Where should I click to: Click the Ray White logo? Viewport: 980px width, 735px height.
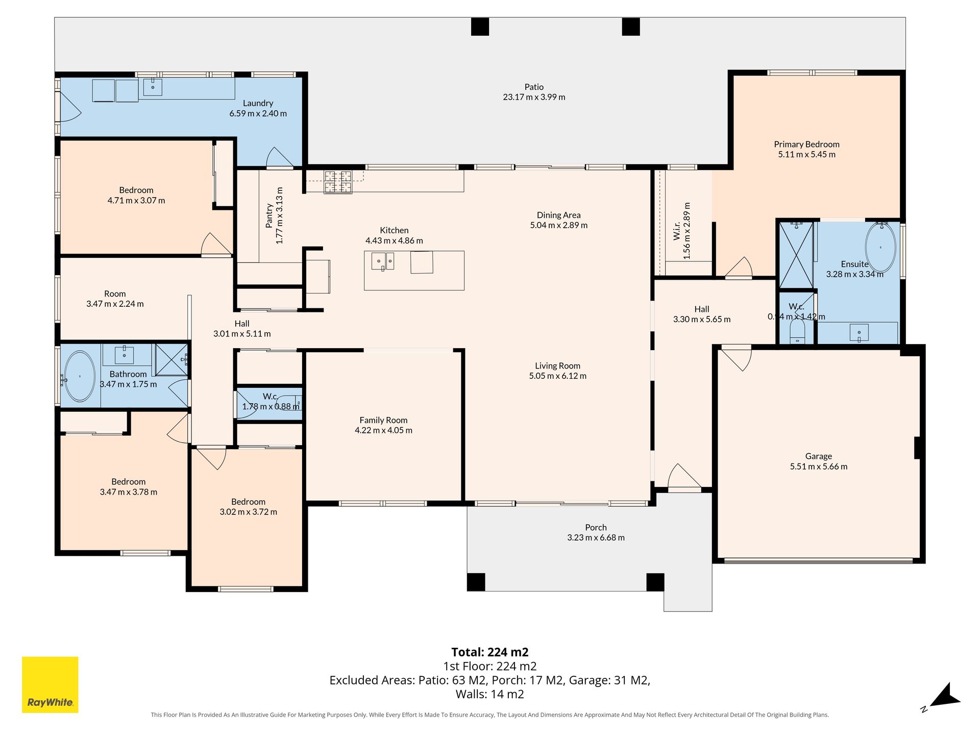pyautogui.click(x=50, y=684)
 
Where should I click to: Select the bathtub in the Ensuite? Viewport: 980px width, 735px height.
pyautogui.click(x=880, y=248)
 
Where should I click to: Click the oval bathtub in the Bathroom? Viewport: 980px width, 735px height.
pyautogui.click(x=80, y=376)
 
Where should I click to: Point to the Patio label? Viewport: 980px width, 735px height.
pyautogui.click(x=534, y=87)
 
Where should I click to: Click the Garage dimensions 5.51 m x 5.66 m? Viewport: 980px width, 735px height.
pyautogui.click(x=819, y=467)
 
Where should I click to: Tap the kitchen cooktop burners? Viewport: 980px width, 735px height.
pyautogui.click(x=338, y=182)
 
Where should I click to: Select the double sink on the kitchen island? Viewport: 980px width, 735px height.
pyautogui.click(x=382, y=261)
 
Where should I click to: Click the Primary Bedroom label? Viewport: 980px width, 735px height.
pyautogui.click(x=806, y=144)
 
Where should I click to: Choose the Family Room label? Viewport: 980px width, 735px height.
pyautogui.click(x=383, y=420)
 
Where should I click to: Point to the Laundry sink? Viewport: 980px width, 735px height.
pyautogui.click(x=153, y=87)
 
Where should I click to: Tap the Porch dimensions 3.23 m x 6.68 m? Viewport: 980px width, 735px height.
pyautogui.click(x=596, y=537)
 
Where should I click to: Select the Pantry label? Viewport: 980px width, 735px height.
pyautogui.click(x=269, y=215)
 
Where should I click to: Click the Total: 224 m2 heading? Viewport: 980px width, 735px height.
pyautogui.click(x=490, y=652)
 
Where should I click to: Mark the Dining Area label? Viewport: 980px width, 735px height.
pyautogui.click(x=558, y=215)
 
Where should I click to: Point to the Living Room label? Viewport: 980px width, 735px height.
pyautogui.click(x=557, y=366)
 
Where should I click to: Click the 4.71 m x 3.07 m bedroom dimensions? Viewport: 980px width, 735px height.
pyautogui.click(x=136, y=201)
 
